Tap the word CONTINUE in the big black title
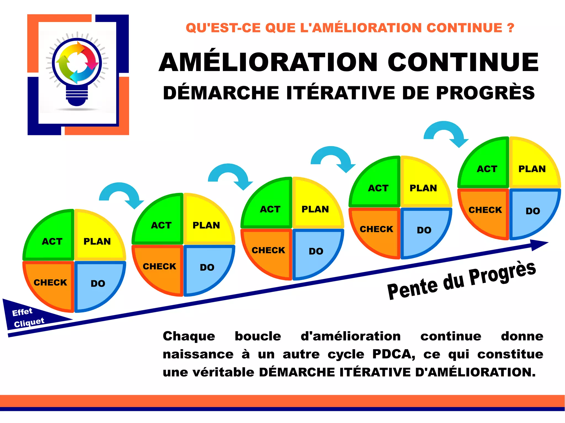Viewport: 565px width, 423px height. [463, 62]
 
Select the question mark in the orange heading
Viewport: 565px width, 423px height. [510, 28]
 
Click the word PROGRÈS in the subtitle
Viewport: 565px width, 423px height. [486, 93]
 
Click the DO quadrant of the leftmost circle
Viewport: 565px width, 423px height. [98, 284]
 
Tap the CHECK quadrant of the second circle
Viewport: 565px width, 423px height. [159, 266]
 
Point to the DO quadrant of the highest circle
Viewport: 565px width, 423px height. [533, 211]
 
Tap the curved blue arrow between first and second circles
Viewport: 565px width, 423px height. [121, 194]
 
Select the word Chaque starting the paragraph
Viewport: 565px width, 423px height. [189, 336]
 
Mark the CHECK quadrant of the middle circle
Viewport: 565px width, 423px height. [268, 250]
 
